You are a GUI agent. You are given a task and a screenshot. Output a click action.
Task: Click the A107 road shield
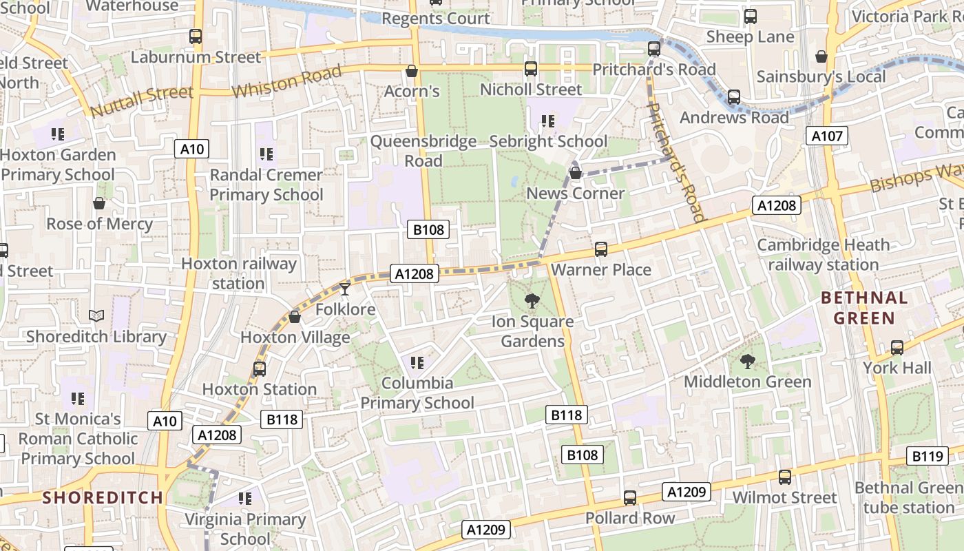click(827, 136)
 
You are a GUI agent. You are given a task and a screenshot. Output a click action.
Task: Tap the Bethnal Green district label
click(864, 308)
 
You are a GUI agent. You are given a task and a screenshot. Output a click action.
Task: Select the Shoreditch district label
click(103, 497)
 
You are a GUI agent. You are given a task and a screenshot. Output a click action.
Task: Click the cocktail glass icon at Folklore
click(345, 289)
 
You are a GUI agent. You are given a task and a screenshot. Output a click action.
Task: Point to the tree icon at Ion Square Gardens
click(531, 300)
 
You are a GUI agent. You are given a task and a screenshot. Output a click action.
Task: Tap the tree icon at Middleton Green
click(747, 361)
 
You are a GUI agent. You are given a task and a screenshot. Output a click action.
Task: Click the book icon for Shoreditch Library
click(96, 316)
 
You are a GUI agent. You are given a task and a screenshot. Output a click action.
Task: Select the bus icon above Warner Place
click(601, 249)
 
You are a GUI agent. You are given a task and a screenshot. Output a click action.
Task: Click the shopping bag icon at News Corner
click(576, 173)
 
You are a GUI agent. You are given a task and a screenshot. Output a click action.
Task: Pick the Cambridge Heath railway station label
click(823, 255)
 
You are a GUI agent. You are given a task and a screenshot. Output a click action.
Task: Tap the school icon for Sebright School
click(548, 121)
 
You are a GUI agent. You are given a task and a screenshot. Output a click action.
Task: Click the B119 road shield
click(927, 455)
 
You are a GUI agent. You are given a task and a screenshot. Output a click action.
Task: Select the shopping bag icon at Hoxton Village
click(295, 317)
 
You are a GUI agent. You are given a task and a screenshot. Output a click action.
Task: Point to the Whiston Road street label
click(286, 81)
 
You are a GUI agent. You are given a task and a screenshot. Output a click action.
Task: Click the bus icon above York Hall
click(897, 348)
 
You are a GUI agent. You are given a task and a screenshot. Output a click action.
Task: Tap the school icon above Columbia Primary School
click(417, 362)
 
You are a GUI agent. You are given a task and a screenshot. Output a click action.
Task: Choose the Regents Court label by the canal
click(436, 19)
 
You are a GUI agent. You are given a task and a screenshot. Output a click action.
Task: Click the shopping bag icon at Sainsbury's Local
click(821, 56)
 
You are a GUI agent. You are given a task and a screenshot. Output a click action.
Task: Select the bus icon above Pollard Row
click(629, 497)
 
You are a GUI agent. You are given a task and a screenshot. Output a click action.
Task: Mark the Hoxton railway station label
click(238, 273)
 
